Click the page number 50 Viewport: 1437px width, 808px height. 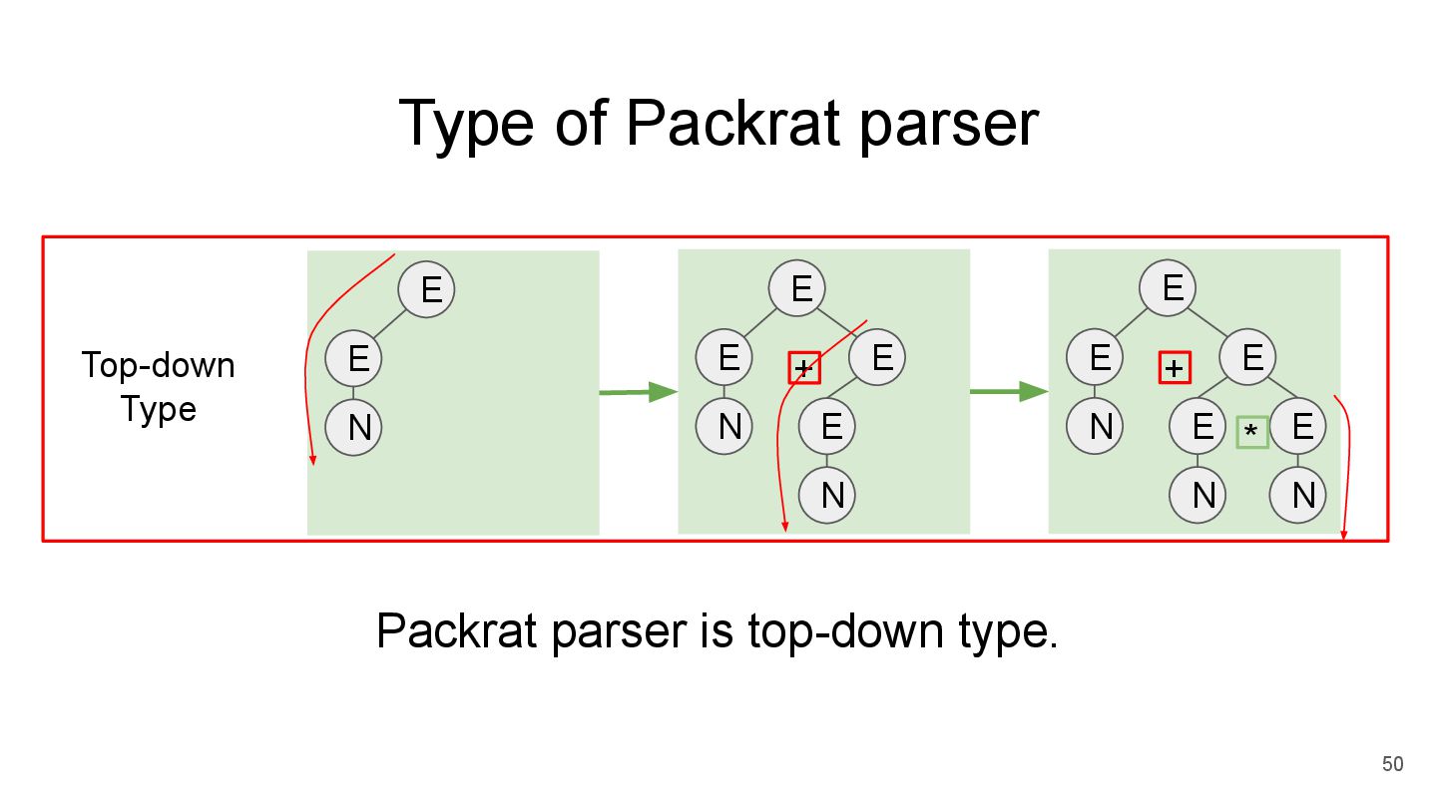(1392, 765)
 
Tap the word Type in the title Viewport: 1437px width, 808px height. (460, 124)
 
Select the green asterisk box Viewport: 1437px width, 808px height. (1251, 432)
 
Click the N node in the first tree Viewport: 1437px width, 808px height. (359, 428)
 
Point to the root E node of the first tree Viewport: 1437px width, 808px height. (426, 289)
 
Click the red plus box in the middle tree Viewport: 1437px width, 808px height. (803, 367)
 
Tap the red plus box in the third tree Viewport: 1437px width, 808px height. (1175, 367)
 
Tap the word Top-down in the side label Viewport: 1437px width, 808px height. (158, 365)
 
